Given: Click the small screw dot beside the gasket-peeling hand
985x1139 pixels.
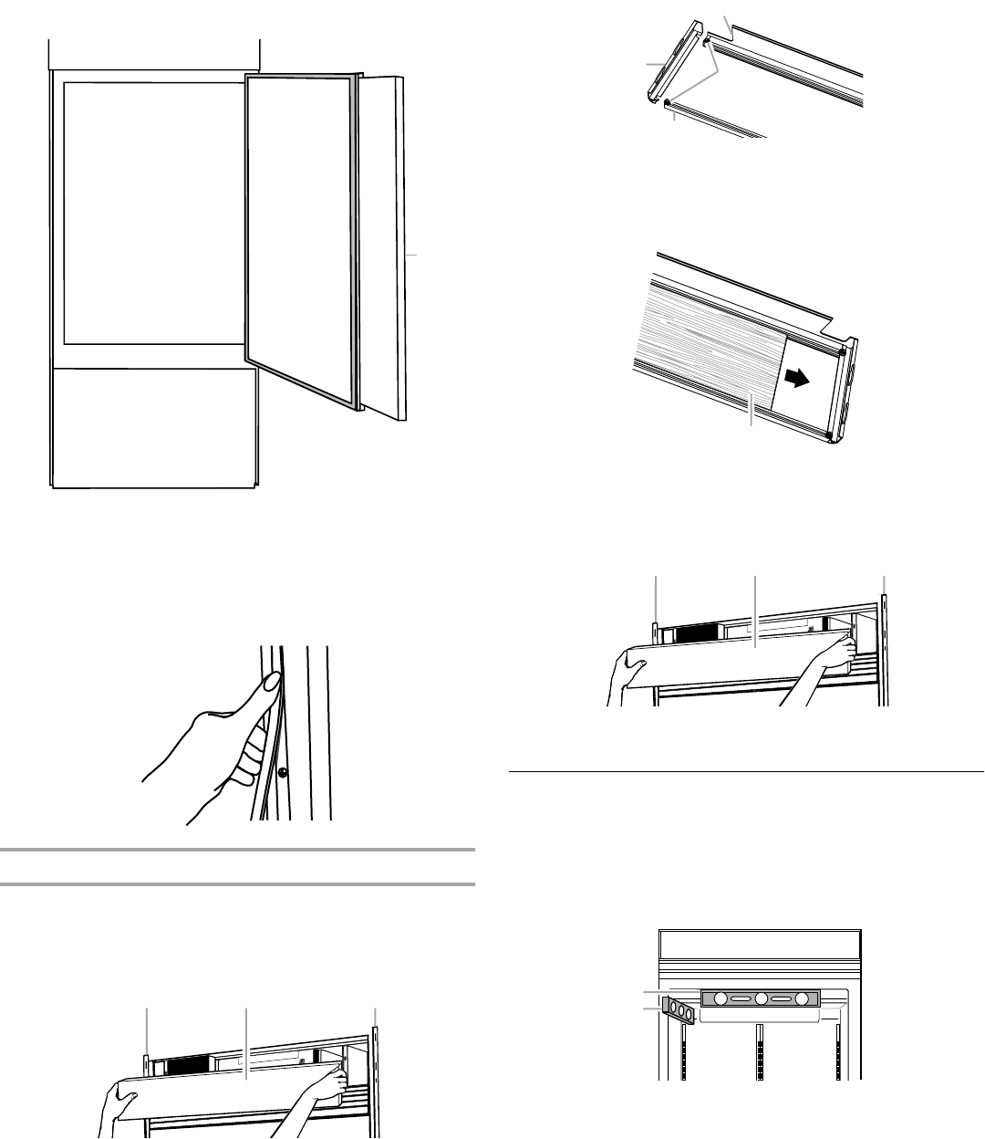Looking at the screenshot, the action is (284, 772).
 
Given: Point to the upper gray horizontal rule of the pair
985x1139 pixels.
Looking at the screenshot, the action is (237, 850).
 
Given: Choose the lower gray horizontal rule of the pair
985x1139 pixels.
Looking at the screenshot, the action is (237, 884).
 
